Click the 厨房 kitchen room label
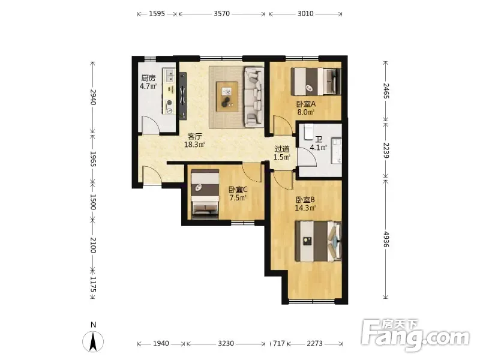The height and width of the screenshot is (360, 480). [x=148, y=78]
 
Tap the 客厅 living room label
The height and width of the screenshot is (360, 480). [x=194, y=136]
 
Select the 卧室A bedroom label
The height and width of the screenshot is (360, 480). [x=306, y=104]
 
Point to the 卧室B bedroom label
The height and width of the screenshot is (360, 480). [x=305, y=200]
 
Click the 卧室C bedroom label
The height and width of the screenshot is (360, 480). [x=238, y=190]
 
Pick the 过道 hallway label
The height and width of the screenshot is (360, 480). [x=282, y=149]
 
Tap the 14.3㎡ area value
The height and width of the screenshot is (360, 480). [x=305, y=208]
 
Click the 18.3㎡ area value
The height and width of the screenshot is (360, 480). [x=194, y=145]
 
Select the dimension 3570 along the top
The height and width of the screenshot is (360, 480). [x=221, y=13]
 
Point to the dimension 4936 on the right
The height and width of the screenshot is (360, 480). [x=386, y=239]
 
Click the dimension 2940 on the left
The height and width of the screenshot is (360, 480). [x=93, y=97]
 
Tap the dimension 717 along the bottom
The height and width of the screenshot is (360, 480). [x=278, y=343]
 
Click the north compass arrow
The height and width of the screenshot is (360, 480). [x=93, y=341]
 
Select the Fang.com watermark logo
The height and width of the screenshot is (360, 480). [x=415, y=335]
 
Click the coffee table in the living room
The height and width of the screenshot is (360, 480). [x=227, y=97]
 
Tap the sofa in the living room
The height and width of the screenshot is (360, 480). [x=254, y=97]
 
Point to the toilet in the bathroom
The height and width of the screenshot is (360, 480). [x=308, y=131]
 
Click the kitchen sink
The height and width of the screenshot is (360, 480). [x=169, y=76]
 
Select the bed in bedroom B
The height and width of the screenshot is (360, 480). [x=319, y=242]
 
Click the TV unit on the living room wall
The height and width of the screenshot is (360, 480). [x=183, y=96]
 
